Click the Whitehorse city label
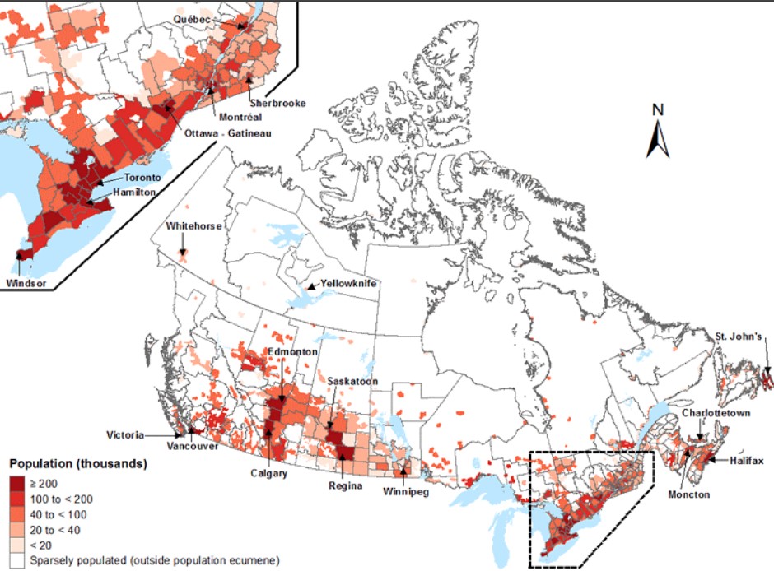193,226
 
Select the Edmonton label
293,352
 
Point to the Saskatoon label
352,382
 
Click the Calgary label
269,474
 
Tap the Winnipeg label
405,492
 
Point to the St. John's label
739,336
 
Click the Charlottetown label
716,413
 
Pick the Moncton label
689,494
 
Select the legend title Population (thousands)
77,464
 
